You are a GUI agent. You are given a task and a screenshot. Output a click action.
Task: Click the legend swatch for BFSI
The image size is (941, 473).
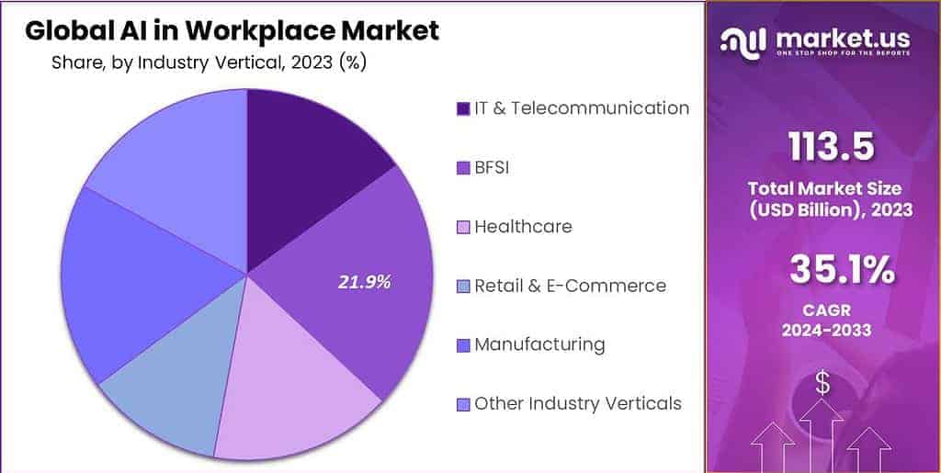coord(463,168)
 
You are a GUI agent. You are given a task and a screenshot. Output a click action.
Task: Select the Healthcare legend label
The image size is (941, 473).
coord(522,226)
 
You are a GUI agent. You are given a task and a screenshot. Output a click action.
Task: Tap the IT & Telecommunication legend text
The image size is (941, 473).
coord(581,107)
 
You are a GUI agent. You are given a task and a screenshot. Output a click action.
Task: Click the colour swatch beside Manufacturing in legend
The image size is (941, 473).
coord(463,345)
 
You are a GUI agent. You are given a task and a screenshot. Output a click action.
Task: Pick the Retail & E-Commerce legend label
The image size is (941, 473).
coord(570,286)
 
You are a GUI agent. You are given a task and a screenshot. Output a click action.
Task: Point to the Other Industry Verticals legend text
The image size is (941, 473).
coord(577,403)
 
